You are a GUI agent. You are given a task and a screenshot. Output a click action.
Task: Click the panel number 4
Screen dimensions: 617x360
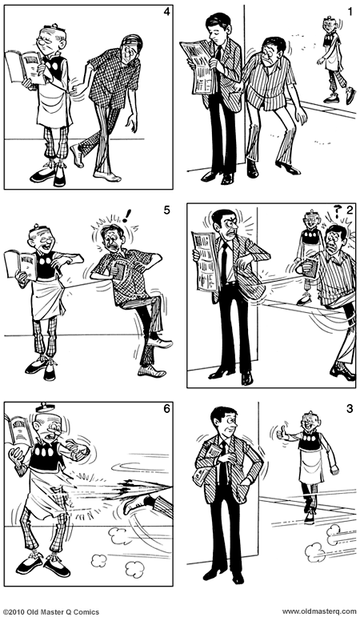click(x=166, y=13)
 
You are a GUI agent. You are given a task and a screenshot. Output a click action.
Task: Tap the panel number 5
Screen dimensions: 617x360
click(x=166, y=210)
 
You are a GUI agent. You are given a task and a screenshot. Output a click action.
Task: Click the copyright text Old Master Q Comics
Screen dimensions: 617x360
click(x=50, y=611)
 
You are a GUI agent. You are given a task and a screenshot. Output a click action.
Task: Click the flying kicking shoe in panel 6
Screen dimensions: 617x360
click(x=151, y=503)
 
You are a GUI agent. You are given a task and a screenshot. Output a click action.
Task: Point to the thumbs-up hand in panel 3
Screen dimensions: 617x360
click(x=282, y=434)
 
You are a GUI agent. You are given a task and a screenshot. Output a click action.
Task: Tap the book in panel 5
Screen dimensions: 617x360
click(x=19, y=263)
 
